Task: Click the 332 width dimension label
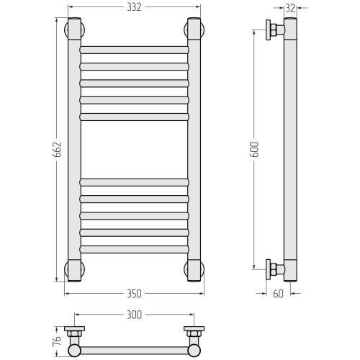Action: (134, 7)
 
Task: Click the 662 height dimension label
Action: (58, 150)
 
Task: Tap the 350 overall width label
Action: (134, 294)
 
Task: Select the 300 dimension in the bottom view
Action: (134, 315)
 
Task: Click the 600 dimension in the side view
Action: (254, 150)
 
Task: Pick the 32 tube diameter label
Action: (290, 9)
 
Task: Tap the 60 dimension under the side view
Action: (279, 294)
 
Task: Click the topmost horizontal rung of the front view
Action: (134, 50)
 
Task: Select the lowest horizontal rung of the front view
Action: (134, 249)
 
